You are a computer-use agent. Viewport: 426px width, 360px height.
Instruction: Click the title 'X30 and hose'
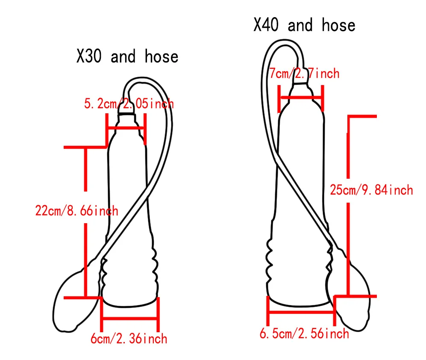coord(127,56)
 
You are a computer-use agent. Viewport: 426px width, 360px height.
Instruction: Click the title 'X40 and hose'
coord(304,25)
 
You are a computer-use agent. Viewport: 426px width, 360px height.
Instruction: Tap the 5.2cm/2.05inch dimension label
coord(129,103)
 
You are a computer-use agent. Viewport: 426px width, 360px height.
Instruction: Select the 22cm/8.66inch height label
coord(76,210)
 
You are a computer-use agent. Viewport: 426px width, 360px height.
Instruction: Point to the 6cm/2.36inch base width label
coord(129,339)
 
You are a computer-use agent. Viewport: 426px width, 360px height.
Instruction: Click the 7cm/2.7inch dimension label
coord(304,74)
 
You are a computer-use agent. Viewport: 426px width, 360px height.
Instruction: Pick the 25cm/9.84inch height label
coord(371,189)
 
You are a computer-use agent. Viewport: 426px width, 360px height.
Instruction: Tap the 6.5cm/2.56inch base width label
coord(304,333)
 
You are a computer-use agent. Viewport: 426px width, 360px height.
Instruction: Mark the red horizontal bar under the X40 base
coord(301,312)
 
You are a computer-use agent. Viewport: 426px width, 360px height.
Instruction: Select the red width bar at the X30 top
coord(126,127)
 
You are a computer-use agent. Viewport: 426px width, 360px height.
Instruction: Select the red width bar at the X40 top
coord(301,97)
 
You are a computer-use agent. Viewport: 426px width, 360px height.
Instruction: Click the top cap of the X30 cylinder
coord(127,115)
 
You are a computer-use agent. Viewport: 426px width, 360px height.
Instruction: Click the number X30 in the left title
coord(89,56)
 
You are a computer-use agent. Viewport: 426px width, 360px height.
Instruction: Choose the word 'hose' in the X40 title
coord(338,25)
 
